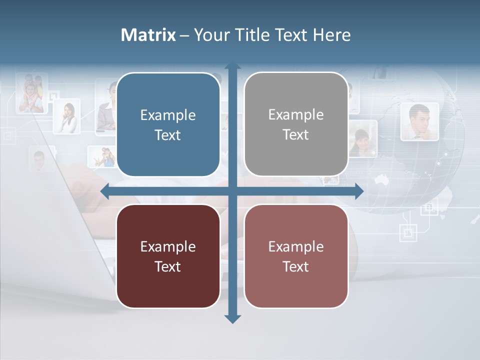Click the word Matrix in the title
click(148, 35)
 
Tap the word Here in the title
click(331, 35)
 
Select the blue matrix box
click(168, 125)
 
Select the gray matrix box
click(296, 124)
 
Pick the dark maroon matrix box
click(168, 256)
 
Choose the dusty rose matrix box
click(296, 256)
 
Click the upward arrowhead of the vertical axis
click(232, 67)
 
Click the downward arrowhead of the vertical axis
click(232, 318)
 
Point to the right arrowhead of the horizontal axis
click(358, 191)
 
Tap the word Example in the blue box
click(168, 115)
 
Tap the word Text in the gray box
click(296, 134)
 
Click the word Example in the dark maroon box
click(168, 246)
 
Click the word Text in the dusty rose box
click(296, 266)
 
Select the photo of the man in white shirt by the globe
click(419, 121)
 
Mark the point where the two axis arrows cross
click(232, 191)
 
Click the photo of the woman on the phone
click(67, 116)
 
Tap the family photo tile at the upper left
click(31, 93)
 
